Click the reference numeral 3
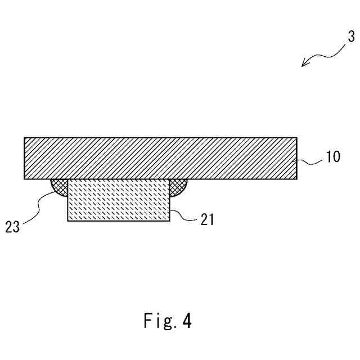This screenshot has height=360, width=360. click(350, 38)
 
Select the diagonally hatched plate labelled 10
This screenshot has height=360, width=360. click(160, 158)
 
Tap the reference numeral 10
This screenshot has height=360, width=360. click(332, 157)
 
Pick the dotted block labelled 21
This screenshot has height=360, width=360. click(118, 200)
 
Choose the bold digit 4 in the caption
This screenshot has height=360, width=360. click(187, 322)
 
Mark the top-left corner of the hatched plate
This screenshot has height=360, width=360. click(24, 137)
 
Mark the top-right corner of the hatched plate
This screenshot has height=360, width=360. click(297, 137)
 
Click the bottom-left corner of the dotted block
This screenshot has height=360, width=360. click(67, 221)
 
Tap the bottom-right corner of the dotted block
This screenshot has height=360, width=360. click(170, 221)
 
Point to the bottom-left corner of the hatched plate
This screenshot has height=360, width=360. click(24, 179)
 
